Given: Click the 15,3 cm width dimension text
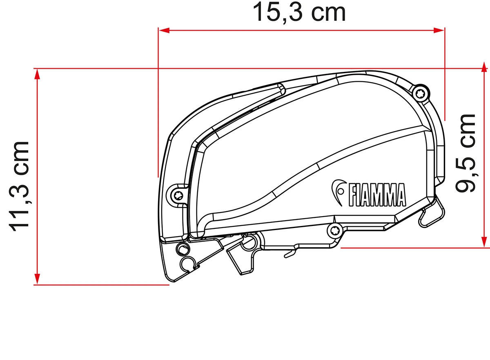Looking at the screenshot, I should tap(299, 13).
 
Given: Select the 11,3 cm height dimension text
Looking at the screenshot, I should tap(20, 186).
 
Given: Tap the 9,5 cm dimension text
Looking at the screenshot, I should tap(466, 153).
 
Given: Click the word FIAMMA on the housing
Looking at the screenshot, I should tap(376, 195).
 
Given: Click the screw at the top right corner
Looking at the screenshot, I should tap(419, 94).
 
